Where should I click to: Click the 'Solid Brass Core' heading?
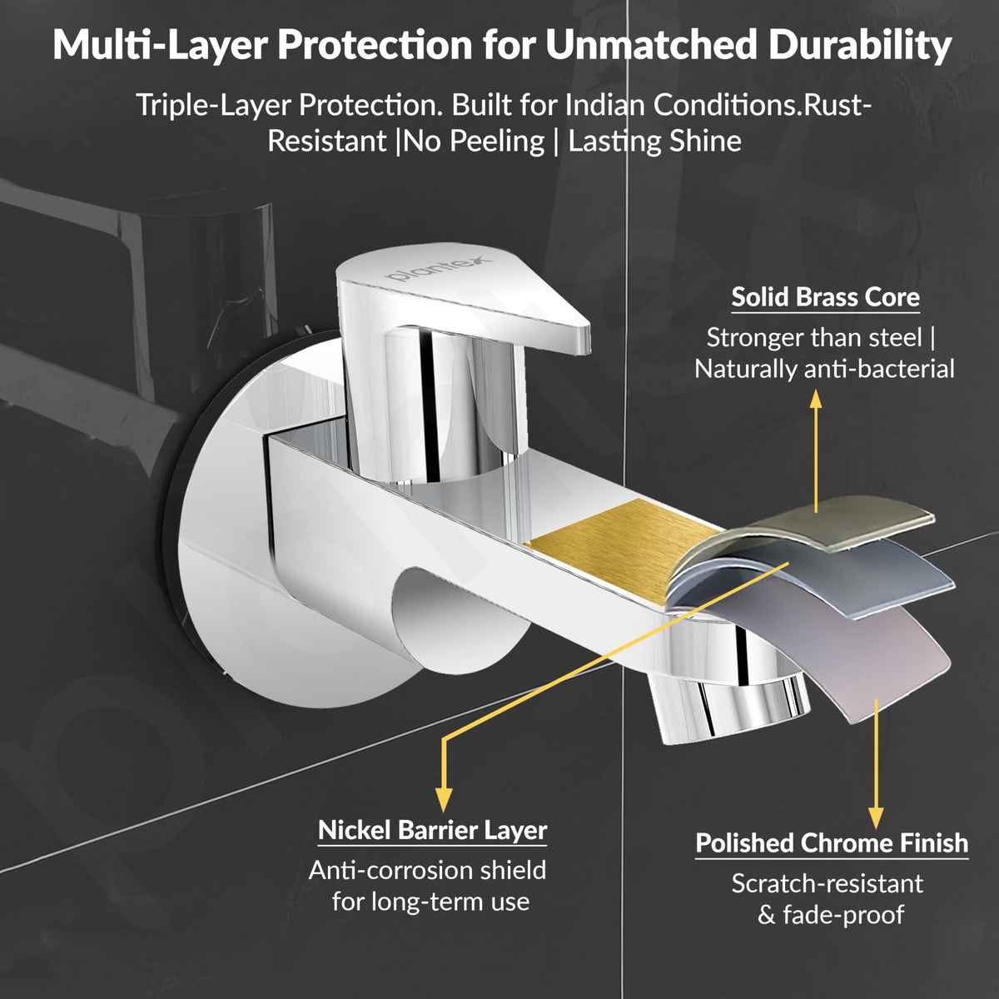825,297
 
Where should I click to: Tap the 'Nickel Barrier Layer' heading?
432,830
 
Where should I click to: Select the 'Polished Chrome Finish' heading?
832,843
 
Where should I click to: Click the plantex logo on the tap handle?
439,269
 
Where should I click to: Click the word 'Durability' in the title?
860,46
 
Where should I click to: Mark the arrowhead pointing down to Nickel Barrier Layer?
443,799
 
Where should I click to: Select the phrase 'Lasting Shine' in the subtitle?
655,142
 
